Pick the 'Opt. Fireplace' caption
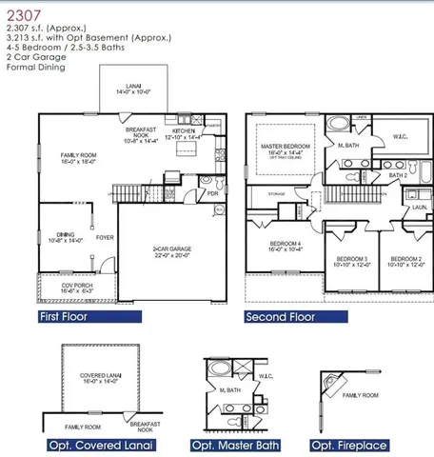349,445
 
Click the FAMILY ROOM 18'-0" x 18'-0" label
78,158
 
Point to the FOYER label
105,238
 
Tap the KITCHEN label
186,133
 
